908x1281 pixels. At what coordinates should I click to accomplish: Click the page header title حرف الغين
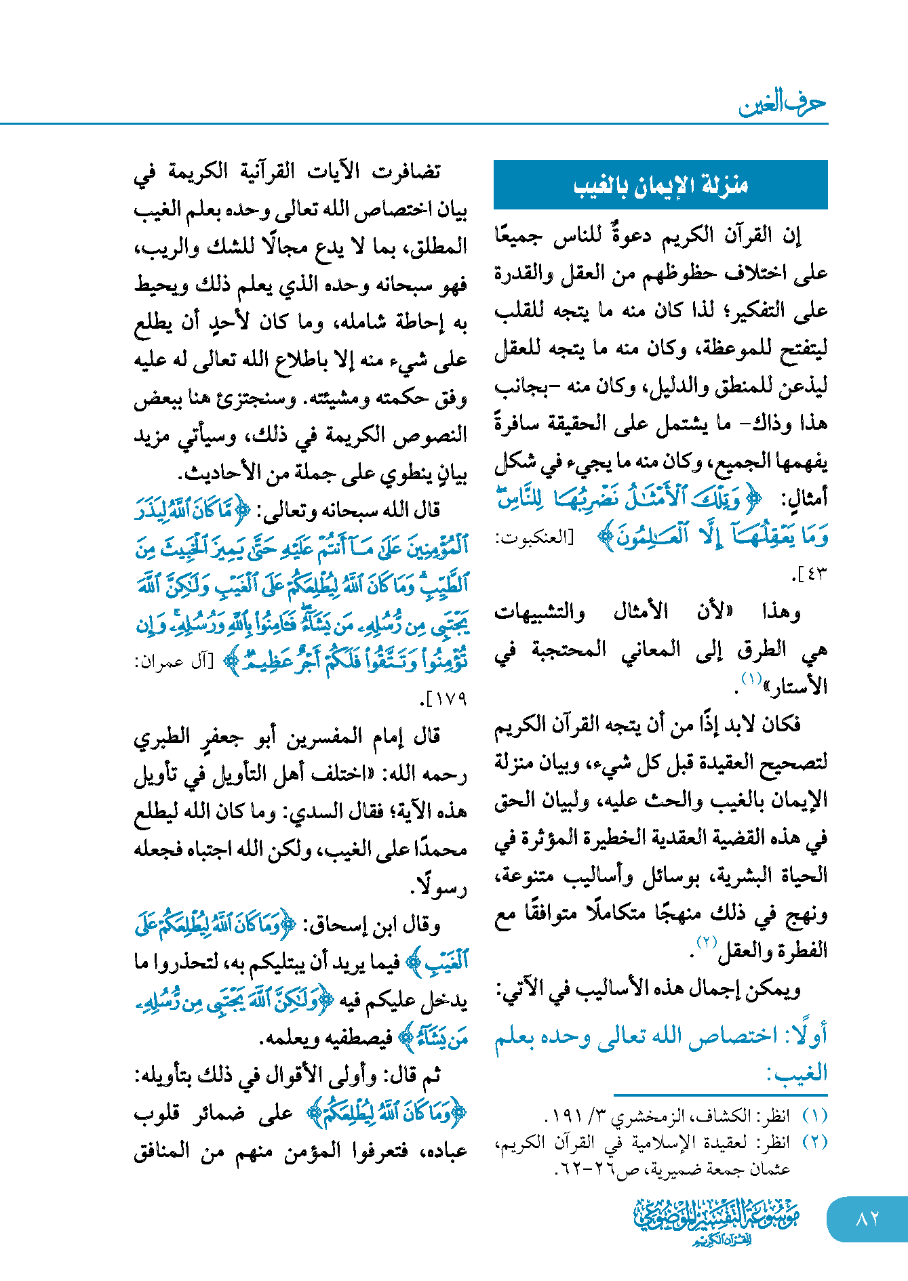tap(782, 103)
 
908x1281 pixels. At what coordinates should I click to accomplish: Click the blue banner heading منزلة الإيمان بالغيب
tap(660, 185)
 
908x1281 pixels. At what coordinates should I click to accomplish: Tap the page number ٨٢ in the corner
tap(867, 1219)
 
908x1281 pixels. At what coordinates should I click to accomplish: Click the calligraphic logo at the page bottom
tap(717, 1221)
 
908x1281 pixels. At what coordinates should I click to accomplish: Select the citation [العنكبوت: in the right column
tap(534, 537)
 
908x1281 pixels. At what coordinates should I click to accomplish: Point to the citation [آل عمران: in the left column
tap(174, 662)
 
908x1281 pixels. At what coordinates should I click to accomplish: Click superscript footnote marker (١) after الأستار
tap(751, 678)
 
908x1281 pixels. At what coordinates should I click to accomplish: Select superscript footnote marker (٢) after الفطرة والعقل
tap(707, 941)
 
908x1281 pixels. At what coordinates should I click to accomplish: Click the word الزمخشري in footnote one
tap(633, 1116)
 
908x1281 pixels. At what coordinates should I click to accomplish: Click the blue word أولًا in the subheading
tap(807, 1036)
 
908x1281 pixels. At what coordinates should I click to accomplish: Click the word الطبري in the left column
tap(160, 737)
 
